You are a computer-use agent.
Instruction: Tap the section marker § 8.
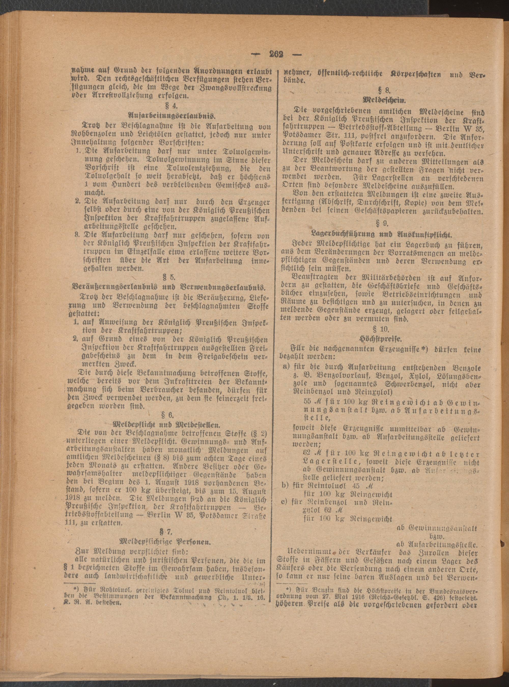pos(383,90)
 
